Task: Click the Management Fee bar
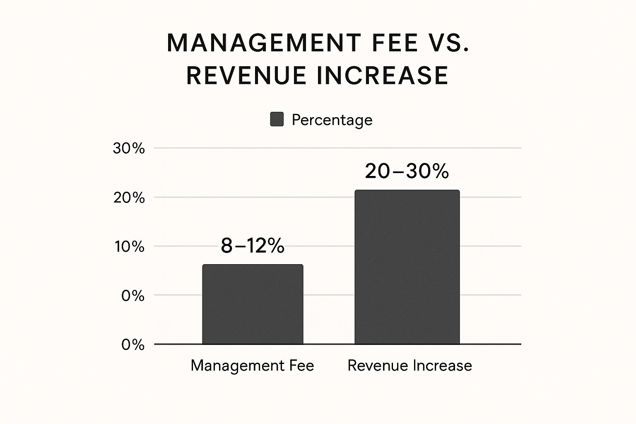[253, 304]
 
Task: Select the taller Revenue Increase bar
[407, 267]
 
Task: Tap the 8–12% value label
[253, 246]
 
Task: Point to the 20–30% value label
[407, 171]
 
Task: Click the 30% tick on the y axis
[129, 148]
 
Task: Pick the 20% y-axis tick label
[129, 198]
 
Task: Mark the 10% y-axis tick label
[129, 247]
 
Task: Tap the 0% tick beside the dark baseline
[132, 344]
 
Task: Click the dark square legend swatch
[277, 119]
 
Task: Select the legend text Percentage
[332, 120]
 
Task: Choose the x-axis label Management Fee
[252, 365]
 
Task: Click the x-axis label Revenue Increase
[410, 365]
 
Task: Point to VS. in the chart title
[449, 43]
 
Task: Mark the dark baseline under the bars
[331, 344]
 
